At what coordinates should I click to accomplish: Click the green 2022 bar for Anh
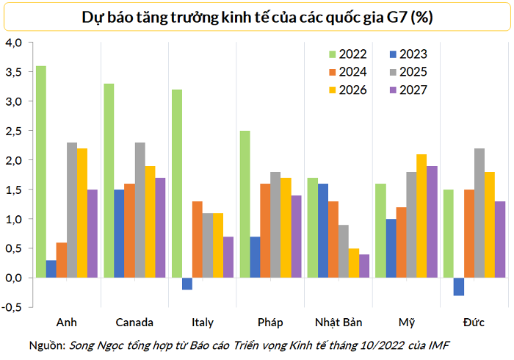click(41, 172)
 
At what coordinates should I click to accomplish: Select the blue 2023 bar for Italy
click(187, 284)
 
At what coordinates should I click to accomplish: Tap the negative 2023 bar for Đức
click(459, 287)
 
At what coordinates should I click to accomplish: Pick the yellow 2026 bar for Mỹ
click(421, 216)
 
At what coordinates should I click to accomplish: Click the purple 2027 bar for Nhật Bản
click(364, 266)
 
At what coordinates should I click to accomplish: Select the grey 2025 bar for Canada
click(140, 210)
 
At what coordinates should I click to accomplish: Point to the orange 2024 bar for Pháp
click(265, 231)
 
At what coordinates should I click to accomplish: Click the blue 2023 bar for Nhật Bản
click(323, 231)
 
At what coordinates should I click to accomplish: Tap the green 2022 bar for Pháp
click(245, 204)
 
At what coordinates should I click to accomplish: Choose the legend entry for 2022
click(348, 54)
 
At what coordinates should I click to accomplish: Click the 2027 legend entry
click(408, 90)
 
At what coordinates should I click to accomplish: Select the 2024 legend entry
click(348, 72)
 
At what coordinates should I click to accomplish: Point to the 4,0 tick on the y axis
click(14, 43)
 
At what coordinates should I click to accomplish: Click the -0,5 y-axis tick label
click(12, 307)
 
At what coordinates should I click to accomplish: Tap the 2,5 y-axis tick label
click(14, 131)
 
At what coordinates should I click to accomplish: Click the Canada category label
click(134, 323)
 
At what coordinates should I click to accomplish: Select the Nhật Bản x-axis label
click(339, 323)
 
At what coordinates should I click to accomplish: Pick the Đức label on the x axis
click(474, 323)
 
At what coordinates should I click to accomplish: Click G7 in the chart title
click(397, 17)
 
